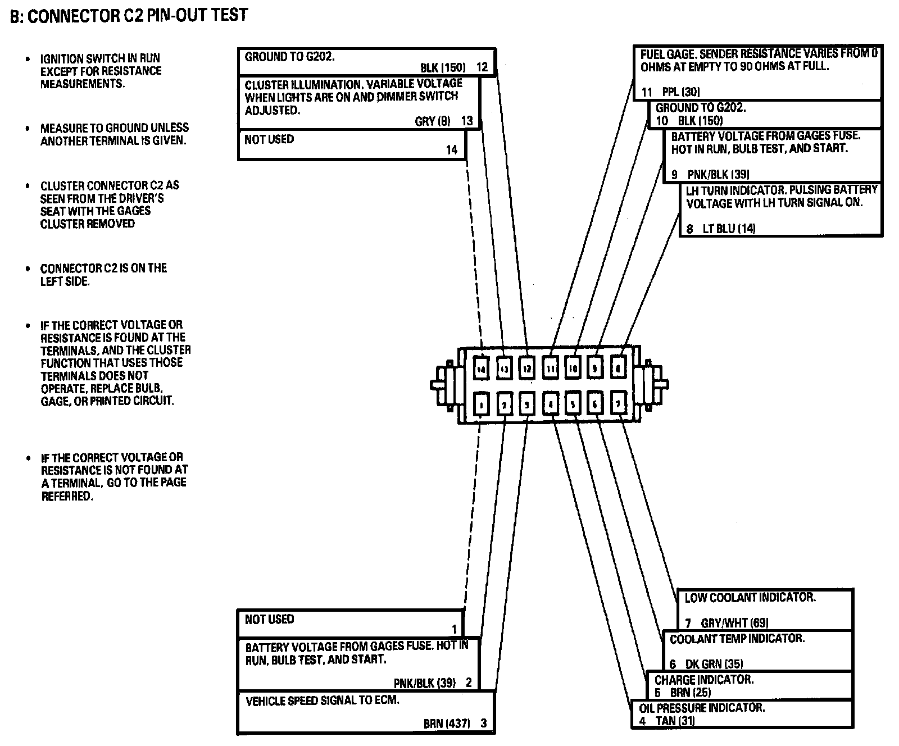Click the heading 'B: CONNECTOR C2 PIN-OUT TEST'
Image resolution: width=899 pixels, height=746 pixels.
pyautogui.click(x=129, y=15)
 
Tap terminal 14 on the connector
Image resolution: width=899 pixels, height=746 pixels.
pyautogui.click(x=480, y=369)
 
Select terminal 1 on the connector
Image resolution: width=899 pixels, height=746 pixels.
pyautogui.click(x=481, y=404)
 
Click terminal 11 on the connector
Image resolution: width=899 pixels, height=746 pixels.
pyautogui.click(x=550, y=369)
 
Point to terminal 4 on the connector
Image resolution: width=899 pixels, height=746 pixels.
pyautogui.click(x=550, y=404)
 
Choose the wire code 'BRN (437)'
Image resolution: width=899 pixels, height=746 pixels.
pyautogui.click(x=447, y=724)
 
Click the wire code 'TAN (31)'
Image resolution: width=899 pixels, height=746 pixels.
pyautogui.click(x=675, y=721)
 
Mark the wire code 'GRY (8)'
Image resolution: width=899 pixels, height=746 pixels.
pyautogui.click(x=433, y=121)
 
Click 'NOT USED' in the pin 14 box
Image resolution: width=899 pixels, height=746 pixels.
pyautogui.click(x=269, y=139)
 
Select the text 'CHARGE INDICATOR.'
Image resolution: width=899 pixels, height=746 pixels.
pyautogui.click(x=703, y=680)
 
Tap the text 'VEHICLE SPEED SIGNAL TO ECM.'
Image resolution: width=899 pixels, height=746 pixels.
pyautogui.click(x=323, y=701)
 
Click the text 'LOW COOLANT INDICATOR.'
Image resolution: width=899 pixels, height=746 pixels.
pyautogui.click(x=750, y=598)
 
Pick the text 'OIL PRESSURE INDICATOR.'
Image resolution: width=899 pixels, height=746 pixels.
pyautogui.click(x=702, y=708)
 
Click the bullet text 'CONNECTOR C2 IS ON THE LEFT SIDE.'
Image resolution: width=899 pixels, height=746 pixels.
pyautogui.click(x=103, y=275)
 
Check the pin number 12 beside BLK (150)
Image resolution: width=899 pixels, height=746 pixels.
pyautogui.click(x=482, y=67)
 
